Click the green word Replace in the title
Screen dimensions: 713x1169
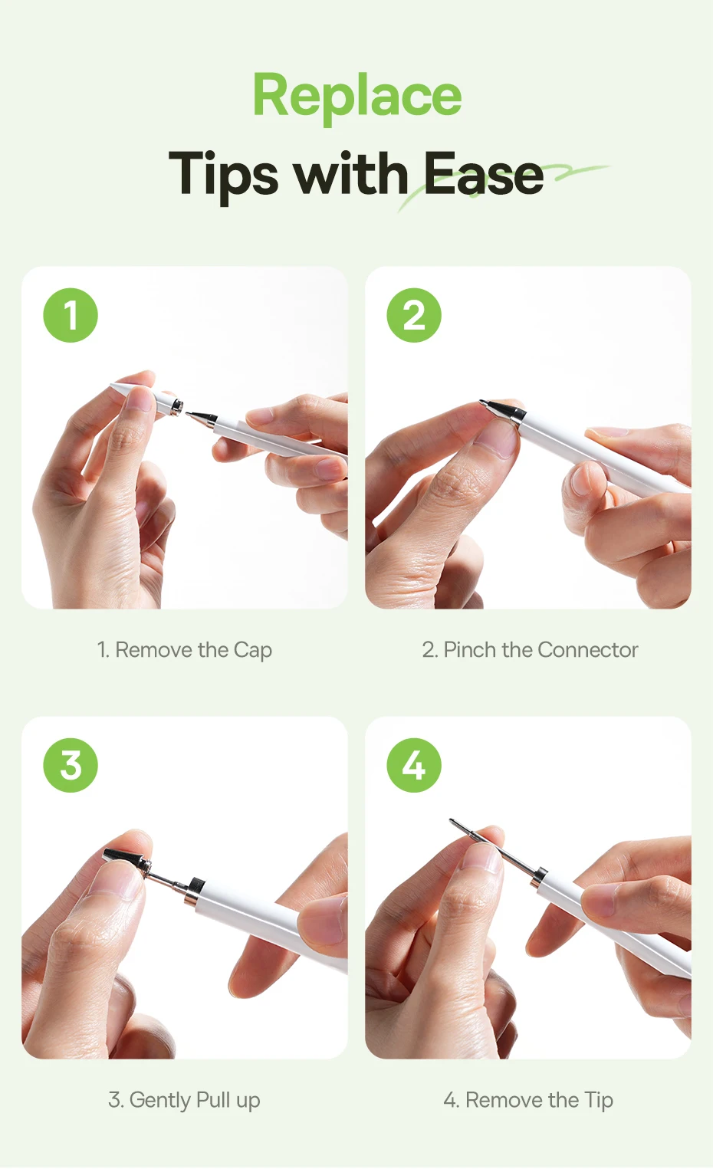pos(357,96)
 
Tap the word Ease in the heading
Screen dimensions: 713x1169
pos(483,174)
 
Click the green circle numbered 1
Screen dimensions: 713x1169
pos(71,315)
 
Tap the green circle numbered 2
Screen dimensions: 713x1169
pos(414,315)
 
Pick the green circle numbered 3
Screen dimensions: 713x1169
pos(71,765)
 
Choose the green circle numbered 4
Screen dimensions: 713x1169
pos(414,765)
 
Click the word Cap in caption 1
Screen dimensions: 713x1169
pos(253,651)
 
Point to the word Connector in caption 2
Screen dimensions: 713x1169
pos(588,650)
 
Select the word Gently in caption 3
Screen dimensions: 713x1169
pos(159,1101)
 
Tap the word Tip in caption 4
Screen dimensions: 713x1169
pos(599,1101)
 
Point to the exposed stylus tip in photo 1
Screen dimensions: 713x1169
pos(201,418)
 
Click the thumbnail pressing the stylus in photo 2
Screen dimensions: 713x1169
pos(496,438)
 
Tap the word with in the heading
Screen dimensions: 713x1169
pos(351,174)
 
